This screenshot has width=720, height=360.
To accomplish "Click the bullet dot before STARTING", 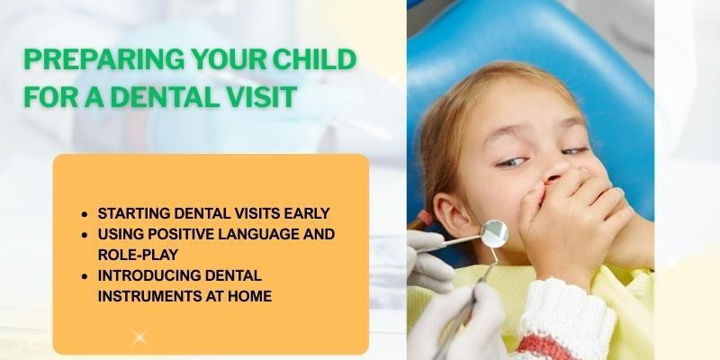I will tap(84, 215).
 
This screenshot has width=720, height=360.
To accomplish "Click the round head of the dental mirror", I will tap(493, 233).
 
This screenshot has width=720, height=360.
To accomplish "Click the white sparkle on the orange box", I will tap(139, 338).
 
